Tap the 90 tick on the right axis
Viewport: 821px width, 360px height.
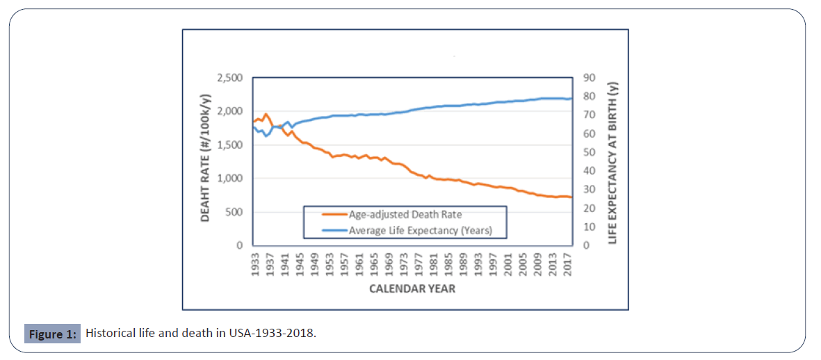589,78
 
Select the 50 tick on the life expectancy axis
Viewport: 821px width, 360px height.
589,152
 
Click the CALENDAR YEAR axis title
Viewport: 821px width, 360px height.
412,288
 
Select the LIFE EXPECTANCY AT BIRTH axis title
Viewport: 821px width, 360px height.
612,162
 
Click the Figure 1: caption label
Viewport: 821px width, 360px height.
53,334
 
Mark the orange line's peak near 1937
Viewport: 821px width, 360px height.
266,114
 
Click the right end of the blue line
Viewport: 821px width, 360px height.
571,99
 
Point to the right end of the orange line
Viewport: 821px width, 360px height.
571,197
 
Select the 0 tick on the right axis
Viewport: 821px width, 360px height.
586,245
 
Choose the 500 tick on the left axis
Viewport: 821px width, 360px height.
234,212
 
